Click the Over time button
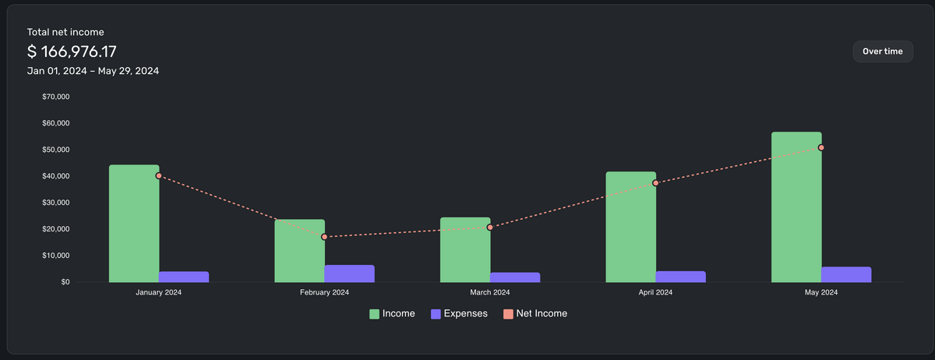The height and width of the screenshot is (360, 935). pyautogui.click(x=883, y=51)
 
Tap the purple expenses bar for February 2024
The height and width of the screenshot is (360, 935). pyautogui.click(x=349, y=274)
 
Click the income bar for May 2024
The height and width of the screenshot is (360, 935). pyautogui.click(x=796, y=207)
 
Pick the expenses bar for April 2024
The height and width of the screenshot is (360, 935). pyautogui.click(x=680, y=277)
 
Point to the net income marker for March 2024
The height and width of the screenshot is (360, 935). pyautogui.click(x=490, y=228)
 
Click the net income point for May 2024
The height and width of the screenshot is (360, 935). pyautogui.click(x=821, y=147)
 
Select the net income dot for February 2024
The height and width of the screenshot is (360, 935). pyautogui.click(x=324, y=237)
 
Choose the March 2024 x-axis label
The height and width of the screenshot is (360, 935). pyautogui.click(x=490, y=292)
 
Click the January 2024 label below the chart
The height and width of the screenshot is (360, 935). pyautogui.click(x=159, y=292)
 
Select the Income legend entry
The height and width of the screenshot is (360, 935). pyautogui.click(x=392, y=313)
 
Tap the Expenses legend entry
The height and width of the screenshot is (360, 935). pyautogui.click(x=460, y=313)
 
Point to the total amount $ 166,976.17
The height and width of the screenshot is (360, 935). pyautogui.click(x=72, y=51)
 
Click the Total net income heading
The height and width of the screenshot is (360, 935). pyautogui.click(x=65, y=32)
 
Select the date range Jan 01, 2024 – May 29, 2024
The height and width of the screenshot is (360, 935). pyautogui.click(x=93, y=71)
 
